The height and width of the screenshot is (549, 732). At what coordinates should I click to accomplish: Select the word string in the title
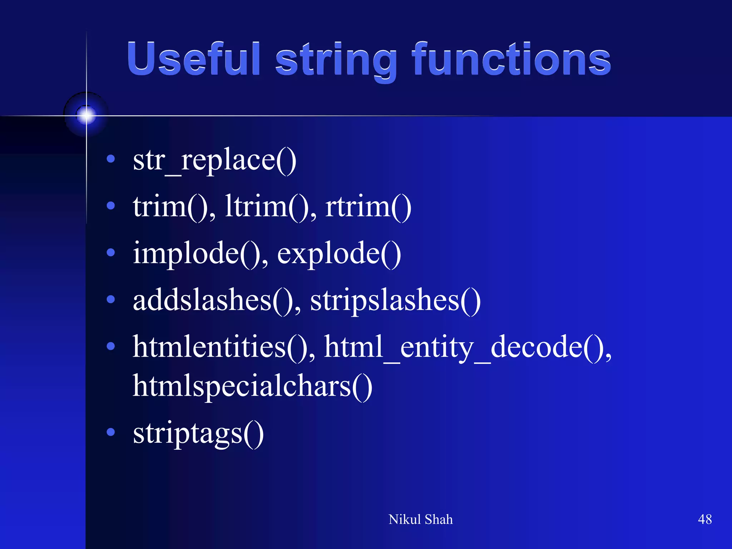point(336,61)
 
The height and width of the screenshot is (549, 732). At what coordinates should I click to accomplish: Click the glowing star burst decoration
point(86,115)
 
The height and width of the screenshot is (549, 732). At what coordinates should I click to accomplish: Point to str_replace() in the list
point(214,161)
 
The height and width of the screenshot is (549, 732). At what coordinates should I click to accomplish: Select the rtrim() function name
point(368,207)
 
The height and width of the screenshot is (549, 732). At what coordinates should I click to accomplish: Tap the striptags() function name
point(198,433)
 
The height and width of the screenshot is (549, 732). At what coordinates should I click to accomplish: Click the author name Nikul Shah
point(420,519)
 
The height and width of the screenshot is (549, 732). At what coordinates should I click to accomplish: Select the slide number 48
point(704,519)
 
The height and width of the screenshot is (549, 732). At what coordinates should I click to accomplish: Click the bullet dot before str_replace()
point(111,159)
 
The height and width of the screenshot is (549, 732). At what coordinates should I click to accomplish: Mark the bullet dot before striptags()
point(111,432)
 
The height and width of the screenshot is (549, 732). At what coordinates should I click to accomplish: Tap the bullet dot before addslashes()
point(111,299)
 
